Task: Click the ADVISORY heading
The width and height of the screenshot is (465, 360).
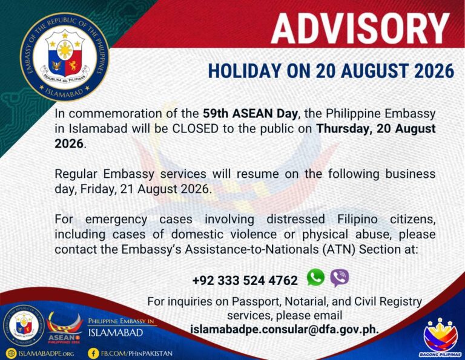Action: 360,28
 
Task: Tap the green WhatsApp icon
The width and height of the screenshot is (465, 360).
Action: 315,277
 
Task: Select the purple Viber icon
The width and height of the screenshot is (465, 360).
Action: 340,278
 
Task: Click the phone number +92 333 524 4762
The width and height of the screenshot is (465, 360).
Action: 245,280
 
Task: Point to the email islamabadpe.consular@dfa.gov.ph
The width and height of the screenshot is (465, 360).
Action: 285,330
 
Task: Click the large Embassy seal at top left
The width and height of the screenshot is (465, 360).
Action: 65,57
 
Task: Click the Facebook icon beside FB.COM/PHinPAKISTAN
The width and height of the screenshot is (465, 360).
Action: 93,353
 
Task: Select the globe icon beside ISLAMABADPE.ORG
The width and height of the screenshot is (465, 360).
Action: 12,353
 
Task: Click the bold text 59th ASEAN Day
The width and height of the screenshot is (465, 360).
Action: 250,114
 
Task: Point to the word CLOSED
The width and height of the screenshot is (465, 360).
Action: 196,129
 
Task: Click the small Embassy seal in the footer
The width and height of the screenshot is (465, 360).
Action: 24,326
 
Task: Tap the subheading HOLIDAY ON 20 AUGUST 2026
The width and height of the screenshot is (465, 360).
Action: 331,71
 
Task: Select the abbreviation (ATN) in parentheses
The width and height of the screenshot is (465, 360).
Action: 339,249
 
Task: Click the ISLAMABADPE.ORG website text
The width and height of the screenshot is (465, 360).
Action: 46,353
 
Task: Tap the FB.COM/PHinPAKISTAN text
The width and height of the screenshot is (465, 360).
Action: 137,353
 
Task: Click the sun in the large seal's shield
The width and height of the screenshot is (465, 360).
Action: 65,50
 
